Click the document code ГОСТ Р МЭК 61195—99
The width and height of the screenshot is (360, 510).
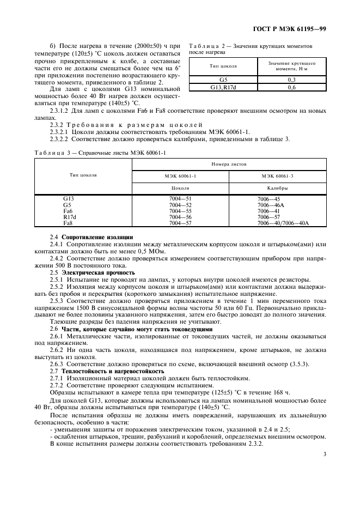click(294, 29)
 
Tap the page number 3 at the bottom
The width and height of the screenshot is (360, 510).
click(325, 454)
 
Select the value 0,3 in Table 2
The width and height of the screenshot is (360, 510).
click(292, 80)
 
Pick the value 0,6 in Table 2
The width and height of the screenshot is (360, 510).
click(292, 87)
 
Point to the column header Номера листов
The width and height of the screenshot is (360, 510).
click(229, 163)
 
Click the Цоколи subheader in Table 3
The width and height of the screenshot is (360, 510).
click(180, 188)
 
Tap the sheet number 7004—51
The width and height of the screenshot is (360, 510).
click(180, 199)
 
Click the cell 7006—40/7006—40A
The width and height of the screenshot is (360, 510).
click(283, 223)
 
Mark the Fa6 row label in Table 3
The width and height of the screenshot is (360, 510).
click(68, 211)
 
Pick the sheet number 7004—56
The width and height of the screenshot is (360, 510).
click(180, 217)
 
